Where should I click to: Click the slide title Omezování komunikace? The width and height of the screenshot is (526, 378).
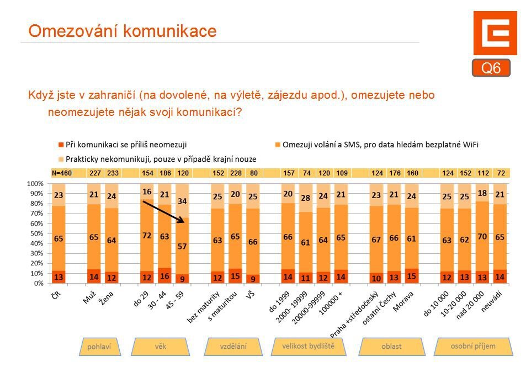point(122,31)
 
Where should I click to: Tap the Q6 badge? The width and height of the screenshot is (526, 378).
point(491,68)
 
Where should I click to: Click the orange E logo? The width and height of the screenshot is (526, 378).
point(495,33)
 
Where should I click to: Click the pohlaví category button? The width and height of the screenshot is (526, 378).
point(99,347)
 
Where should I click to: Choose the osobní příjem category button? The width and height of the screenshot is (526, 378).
point(473,346)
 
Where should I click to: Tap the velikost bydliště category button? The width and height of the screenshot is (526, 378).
point(307,346)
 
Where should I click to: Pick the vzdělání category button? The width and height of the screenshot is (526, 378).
point(233,346)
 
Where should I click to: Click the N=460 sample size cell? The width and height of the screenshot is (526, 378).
point(61,173)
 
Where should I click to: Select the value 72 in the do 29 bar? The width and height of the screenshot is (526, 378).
point(147,236)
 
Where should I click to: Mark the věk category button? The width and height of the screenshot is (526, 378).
point(160,346)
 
